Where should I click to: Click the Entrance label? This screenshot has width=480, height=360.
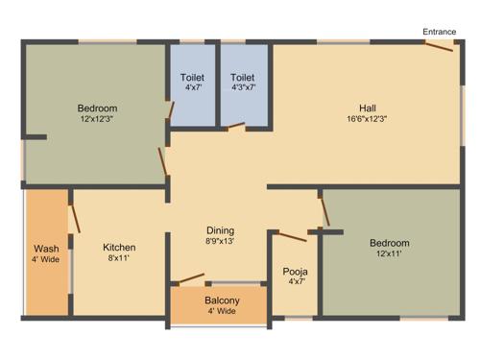tap(439, 32)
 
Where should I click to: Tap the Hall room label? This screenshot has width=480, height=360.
tap(368, 107)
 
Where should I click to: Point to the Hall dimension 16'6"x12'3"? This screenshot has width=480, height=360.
tap(368, 118)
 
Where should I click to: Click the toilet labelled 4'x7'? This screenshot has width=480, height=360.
tap(192, 77)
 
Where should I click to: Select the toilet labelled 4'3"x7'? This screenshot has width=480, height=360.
tap(243, 77)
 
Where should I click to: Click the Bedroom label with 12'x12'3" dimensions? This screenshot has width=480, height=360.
tap(97, 108)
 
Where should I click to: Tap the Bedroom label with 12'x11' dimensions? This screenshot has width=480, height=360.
tap(389, 243)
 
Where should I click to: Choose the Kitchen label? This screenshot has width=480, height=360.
tap(119, 247)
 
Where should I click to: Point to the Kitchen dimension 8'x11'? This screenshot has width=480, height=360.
tap(119, 258)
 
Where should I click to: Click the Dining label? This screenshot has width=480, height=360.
tap(220, 230)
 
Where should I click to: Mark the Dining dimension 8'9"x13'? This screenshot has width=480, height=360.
tap(220, 242)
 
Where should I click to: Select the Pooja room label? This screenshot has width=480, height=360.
tap(296, 271)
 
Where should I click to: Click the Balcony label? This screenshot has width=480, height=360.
tap(222, 300)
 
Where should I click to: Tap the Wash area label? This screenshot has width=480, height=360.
tap(46, 249)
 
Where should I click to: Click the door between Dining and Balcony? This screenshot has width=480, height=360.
tap(191, 280)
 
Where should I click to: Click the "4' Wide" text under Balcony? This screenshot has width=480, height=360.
tap(222, 312)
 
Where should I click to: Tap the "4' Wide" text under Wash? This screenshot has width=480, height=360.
tap(46, 260)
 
